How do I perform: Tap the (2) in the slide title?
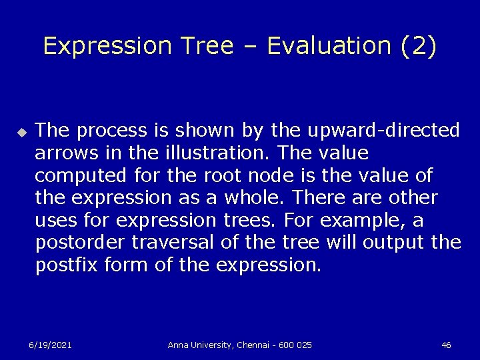[x=419, y=45]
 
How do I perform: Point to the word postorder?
[x=78, y=243]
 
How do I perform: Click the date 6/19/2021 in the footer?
[x=50, y=345]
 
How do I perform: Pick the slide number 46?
[x=446, y=345]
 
